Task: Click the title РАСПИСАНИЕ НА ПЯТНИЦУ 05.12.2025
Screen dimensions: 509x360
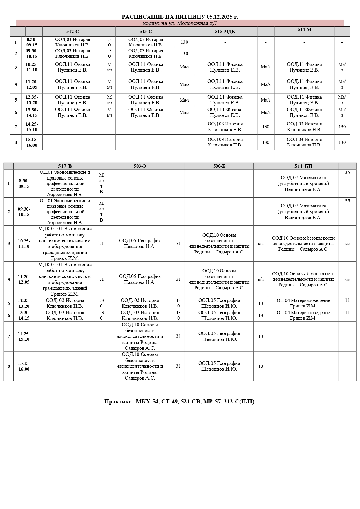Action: pyautogui.click(x=180, y=17)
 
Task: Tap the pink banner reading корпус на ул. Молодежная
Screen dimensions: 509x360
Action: pyautogui.click(x=180, y=23)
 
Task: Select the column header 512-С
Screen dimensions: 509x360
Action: pyautogui.click(x=73, y=32)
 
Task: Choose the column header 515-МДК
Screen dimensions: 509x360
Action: pyautogui.click(x=225, y=32)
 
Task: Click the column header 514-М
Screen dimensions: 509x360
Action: pyautogui.click(x=304, y=30)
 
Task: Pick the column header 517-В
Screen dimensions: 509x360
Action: pyautogui.click(x=65, y=166)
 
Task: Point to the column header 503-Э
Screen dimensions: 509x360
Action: pyautogui.click(x=140, y=166)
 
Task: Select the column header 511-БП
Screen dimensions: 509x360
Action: pyautogui.click(x=303, y=166)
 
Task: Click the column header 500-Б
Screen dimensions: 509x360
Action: pyautogui.click(x=219, y=166)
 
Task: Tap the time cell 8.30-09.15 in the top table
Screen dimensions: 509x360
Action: pyautogui.click(x=32, y=42)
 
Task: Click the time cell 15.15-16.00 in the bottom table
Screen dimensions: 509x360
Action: pyautogui.click(x=24, y=366)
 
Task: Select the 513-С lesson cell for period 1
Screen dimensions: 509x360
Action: pyautogui.click(x=146, y=42)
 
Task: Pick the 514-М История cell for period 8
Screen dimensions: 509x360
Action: pyautogui.click(x=304, y=142)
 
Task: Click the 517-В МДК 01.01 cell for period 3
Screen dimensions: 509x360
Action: pyautogui.click(x=65, y=244)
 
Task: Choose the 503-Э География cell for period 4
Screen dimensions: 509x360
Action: pyautogui.click(x=140, y=279)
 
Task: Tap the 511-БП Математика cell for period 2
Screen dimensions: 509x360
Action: pyautogui.click(x=303, y=212)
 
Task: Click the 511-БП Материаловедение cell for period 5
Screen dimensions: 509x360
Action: pyautogui.click(x=303, y=303)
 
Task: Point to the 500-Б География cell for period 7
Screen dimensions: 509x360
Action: pyautogui.click(x=219, y=336)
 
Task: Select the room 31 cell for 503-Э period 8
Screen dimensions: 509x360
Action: pyautogui.click(x=178, y=366)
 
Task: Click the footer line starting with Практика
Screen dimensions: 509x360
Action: pyautogui.click(x=180, y=402)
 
